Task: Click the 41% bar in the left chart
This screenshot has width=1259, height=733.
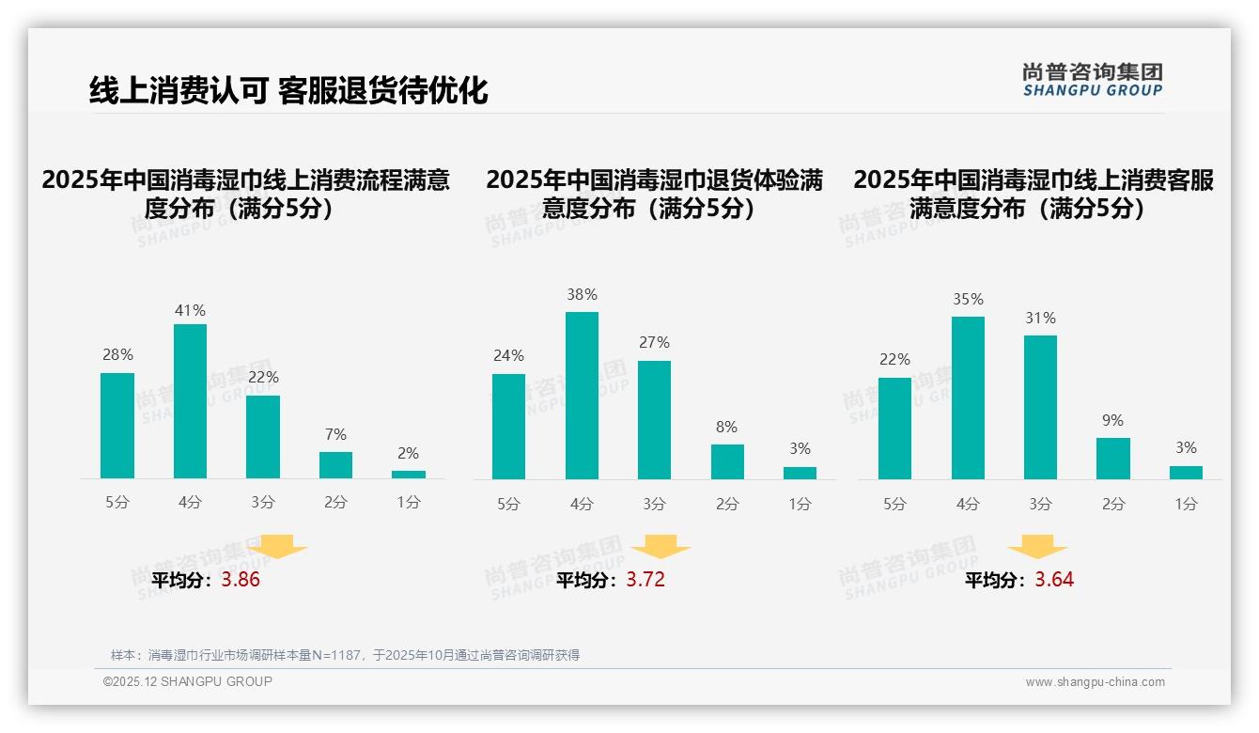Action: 190,401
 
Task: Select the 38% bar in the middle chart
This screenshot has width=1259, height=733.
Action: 582,396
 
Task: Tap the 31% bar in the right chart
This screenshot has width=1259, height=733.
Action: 1040,407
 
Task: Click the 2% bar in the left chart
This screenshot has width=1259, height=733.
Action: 409,475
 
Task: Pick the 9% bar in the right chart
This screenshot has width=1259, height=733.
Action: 1113,459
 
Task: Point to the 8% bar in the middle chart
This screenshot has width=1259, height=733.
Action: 727,461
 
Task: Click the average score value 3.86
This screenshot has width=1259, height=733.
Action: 241,580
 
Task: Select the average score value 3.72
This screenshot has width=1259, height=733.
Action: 645,580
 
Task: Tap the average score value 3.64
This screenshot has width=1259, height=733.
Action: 1054,580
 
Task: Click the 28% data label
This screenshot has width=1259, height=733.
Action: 117,355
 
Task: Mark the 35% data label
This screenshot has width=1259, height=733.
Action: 968,300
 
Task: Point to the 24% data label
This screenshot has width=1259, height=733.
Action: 508,356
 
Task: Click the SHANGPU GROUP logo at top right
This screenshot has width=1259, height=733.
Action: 1093,80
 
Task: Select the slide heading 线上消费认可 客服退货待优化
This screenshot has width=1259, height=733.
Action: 288,90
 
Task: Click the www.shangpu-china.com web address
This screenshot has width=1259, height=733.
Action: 1095,682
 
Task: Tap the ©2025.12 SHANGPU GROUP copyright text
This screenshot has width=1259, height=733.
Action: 188,681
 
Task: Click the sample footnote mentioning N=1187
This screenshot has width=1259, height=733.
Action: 345,655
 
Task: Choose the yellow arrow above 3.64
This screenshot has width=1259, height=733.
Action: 1037,548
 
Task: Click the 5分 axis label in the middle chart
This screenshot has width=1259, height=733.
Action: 508,504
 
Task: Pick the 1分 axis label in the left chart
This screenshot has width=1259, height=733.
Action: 409,503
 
